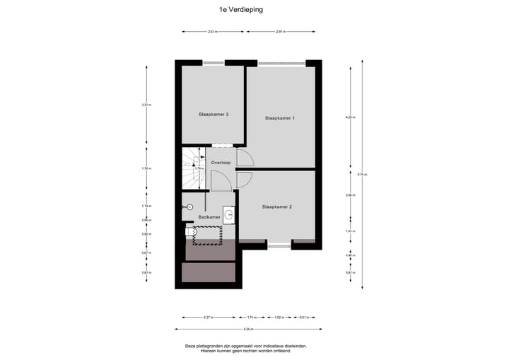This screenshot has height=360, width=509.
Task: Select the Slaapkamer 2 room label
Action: (277, 207)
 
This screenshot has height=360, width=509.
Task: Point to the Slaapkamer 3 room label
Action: (213, 114)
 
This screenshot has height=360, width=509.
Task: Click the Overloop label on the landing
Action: (221, 163)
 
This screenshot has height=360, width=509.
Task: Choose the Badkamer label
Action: (208, 216)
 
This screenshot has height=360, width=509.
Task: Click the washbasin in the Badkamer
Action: (229, 213)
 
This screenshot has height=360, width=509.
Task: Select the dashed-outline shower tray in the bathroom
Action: (209, 234)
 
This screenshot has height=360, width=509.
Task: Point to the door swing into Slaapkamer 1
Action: (244, 158)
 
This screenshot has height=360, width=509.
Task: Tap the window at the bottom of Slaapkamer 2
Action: (279, 245)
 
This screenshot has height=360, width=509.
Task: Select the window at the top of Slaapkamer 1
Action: (279, 63)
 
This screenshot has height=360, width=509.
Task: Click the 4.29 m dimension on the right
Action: (349, 117)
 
